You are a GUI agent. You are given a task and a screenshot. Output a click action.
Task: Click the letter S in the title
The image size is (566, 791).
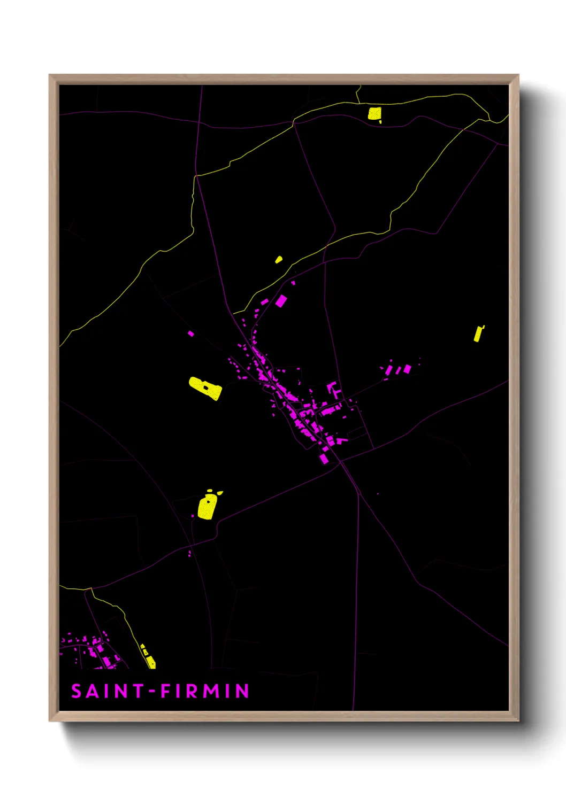(77, 692)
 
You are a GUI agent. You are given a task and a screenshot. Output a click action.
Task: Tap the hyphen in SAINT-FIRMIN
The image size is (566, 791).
(152, 692)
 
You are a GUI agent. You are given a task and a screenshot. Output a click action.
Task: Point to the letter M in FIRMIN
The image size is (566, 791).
(211, 692)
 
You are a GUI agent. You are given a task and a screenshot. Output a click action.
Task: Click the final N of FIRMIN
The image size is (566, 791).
(243, 692)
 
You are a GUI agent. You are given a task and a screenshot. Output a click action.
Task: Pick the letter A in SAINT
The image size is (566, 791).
(92, 692)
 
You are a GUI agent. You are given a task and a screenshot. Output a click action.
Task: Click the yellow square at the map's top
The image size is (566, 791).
(374, 113)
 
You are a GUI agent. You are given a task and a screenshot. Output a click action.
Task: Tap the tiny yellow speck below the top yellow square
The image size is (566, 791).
(380, 122)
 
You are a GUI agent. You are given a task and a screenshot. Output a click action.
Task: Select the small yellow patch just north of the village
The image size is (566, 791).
(279, 260)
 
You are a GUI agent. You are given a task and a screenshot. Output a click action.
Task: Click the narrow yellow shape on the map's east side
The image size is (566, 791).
(478, 334)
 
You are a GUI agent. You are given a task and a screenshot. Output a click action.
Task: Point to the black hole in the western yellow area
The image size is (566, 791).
(206, 387)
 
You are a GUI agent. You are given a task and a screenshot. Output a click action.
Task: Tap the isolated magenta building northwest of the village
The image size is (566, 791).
(191, 334)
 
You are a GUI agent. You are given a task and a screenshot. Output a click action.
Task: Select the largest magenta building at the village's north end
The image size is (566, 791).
(281, 301)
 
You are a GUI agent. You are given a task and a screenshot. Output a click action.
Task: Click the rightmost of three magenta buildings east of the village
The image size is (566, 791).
(408, 368)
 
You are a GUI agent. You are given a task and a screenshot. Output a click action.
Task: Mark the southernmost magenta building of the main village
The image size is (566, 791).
(324, 459)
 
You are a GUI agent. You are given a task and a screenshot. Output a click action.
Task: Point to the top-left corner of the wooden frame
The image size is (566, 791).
(50, 75)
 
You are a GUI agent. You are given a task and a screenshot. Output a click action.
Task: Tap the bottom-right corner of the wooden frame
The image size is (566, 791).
(518, 720)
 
